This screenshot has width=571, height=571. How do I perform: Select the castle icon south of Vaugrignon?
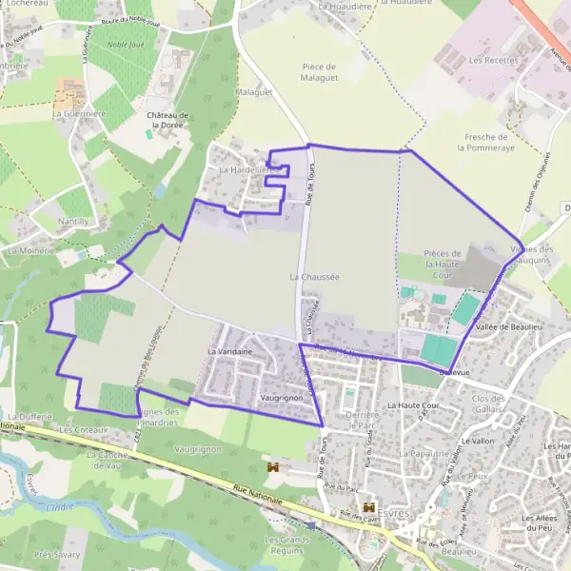tap(274, 467)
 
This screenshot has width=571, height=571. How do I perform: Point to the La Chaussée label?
tap(314, 276)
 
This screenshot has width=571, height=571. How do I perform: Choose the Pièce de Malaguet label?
tap(319, 72)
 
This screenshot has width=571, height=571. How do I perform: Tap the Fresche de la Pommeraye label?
tap(485, 142)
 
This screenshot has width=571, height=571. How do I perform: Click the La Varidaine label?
tap(229, 351)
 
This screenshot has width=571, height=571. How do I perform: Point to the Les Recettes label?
tap(493, 60)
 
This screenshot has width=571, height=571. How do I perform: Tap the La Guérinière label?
tap(79, 113)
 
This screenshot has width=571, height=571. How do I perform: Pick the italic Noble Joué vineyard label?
tap(126, 44)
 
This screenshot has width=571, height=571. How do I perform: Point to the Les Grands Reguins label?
tap(286, 544)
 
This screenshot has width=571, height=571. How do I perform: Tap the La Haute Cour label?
tap(412, 405)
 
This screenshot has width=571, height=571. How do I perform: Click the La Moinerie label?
tap(30, 250)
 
